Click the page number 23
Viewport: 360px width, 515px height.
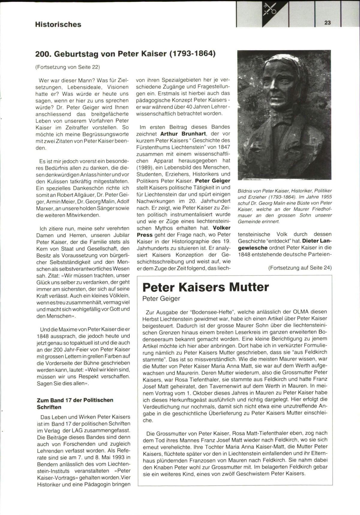(327, 22)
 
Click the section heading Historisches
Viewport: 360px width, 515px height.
(58, 24)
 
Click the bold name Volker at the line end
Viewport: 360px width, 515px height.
(221, 228)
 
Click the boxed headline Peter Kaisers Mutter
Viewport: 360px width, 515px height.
(205, 287)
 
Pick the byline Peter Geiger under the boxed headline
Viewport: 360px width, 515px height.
(161, 298)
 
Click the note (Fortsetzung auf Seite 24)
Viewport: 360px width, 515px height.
(300, 268)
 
